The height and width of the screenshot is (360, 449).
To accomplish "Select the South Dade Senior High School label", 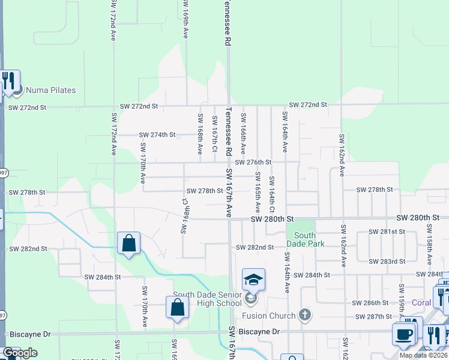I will [x=207, y=299].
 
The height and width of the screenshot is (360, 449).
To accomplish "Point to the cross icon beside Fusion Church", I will [x=305, y=314].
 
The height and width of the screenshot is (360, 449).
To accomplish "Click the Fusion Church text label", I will [x=269, y=316].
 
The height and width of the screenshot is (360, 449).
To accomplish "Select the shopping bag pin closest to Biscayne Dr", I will [x=178, y=307].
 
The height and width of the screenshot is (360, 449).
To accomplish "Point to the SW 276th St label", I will [x=253, y=163].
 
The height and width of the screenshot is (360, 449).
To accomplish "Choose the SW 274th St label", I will [x=157, y=136].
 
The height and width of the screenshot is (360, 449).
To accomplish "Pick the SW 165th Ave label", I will [x=258, y=192].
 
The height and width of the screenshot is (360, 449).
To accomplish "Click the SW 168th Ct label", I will [x=185, y=217].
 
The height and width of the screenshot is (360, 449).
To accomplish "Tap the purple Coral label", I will [x=421, y=302].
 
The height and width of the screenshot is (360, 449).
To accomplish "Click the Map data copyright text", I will [x=423, y=355].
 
